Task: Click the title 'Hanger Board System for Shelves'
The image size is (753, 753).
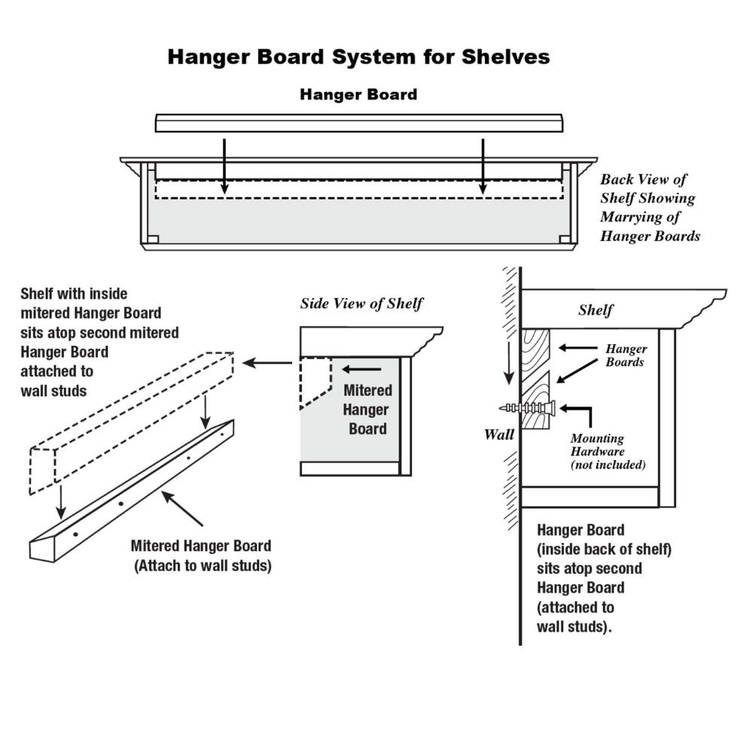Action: click(358, 57)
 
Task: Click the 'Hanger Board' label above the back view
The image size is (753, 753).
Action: click(358, 95)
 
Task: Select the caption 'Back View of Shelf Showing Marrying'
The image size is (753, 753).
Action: click(650, 208)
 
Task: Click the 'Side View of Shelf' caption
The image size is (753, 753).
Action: click(361, 304)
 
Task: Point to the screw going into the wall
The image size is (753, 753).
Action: click(527, 407)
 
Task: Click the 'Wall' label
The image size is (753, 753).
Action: click(498, 434)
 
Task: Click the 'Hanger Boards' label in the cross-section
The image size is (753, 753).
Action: click(626, 355)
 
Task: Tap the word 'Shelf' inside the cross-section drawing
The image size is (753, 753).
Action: click(596, 310)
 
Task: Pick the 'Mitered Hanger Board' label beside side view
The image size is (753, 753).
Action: click(367, 410)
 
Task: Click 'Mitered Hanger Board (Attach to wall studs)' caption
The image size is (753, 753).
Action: click(201, 556)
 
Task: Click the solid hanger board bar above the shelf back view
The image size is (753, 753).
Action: click(358, 123)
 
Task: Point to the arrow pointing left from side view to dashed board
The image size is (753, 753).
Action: click(267, 363)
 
